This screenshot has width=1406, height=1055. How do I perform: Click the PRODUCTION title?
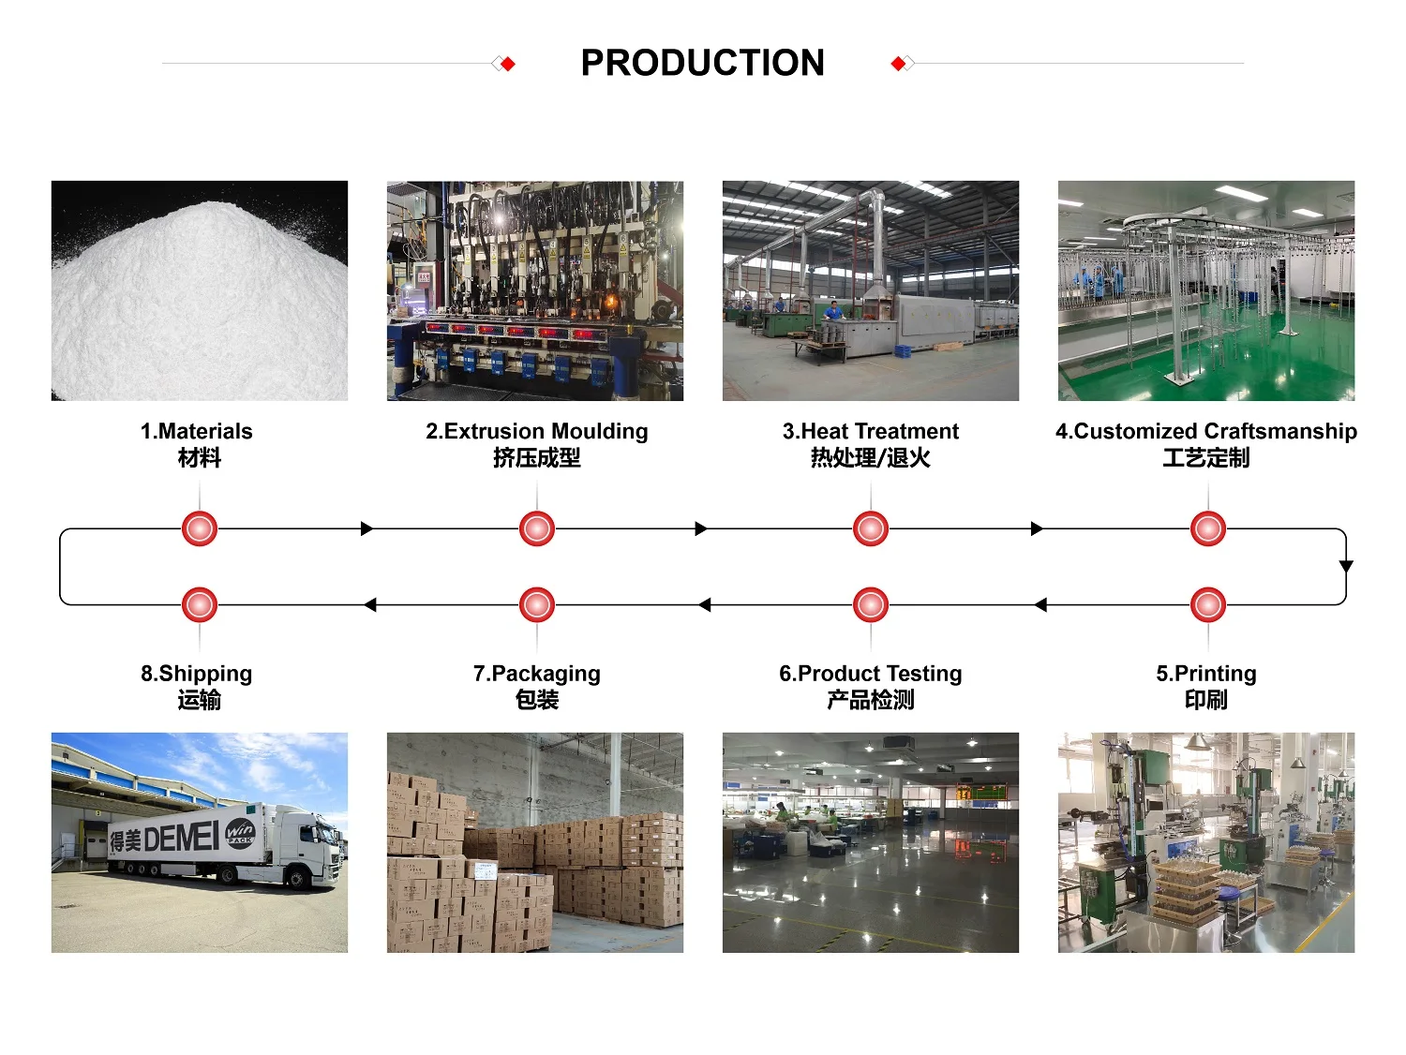tap(702, 63)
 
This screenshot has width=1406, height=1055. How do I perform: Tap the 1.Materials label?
tap(197, 432)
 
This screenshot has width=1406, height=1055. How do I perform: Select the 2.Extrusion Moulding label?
tap(536, 432)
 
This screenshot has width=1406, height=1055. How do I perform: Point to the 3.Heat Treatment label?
tap(870, 432)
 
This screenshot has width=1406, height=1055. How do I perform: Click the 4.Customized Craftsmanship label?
tap(1205, 432)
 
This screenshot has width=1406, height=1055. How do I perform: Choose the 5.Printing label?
tap(1205, 674)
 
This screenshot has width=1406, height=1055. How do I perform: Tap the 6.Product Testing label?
tap(870, 674)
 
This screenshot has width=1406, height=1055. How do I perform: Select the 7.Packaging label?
tap(536, 674)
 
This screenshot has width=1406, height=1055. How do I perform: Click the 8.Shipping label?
tap(197, 674)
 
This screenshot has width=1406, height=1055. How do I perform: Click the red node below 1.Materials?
tap(200, 528)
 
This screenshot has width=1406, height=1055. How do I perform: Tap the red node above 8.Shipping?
tap(200, 605)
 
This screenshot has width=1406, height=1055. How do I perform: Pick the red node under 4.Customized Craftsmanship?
tap(1208, 528)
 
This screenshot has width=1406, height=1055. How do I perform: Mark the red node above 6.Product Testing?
tap(871, 605)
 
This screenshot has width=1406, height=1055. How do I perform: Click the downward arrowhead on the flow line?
tap(1346, 567)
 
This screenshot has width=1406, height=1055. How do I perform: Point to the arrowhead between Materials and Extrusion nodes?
tap(366, 528)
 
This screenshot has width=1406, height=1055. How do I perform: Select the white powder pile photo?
tap(200, 290)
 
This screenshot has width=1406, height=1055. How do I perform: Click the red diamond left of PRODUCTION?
tap(508, 64)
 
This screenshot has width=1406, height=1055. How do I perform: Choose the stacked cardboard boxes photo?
tap(535, 843)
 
